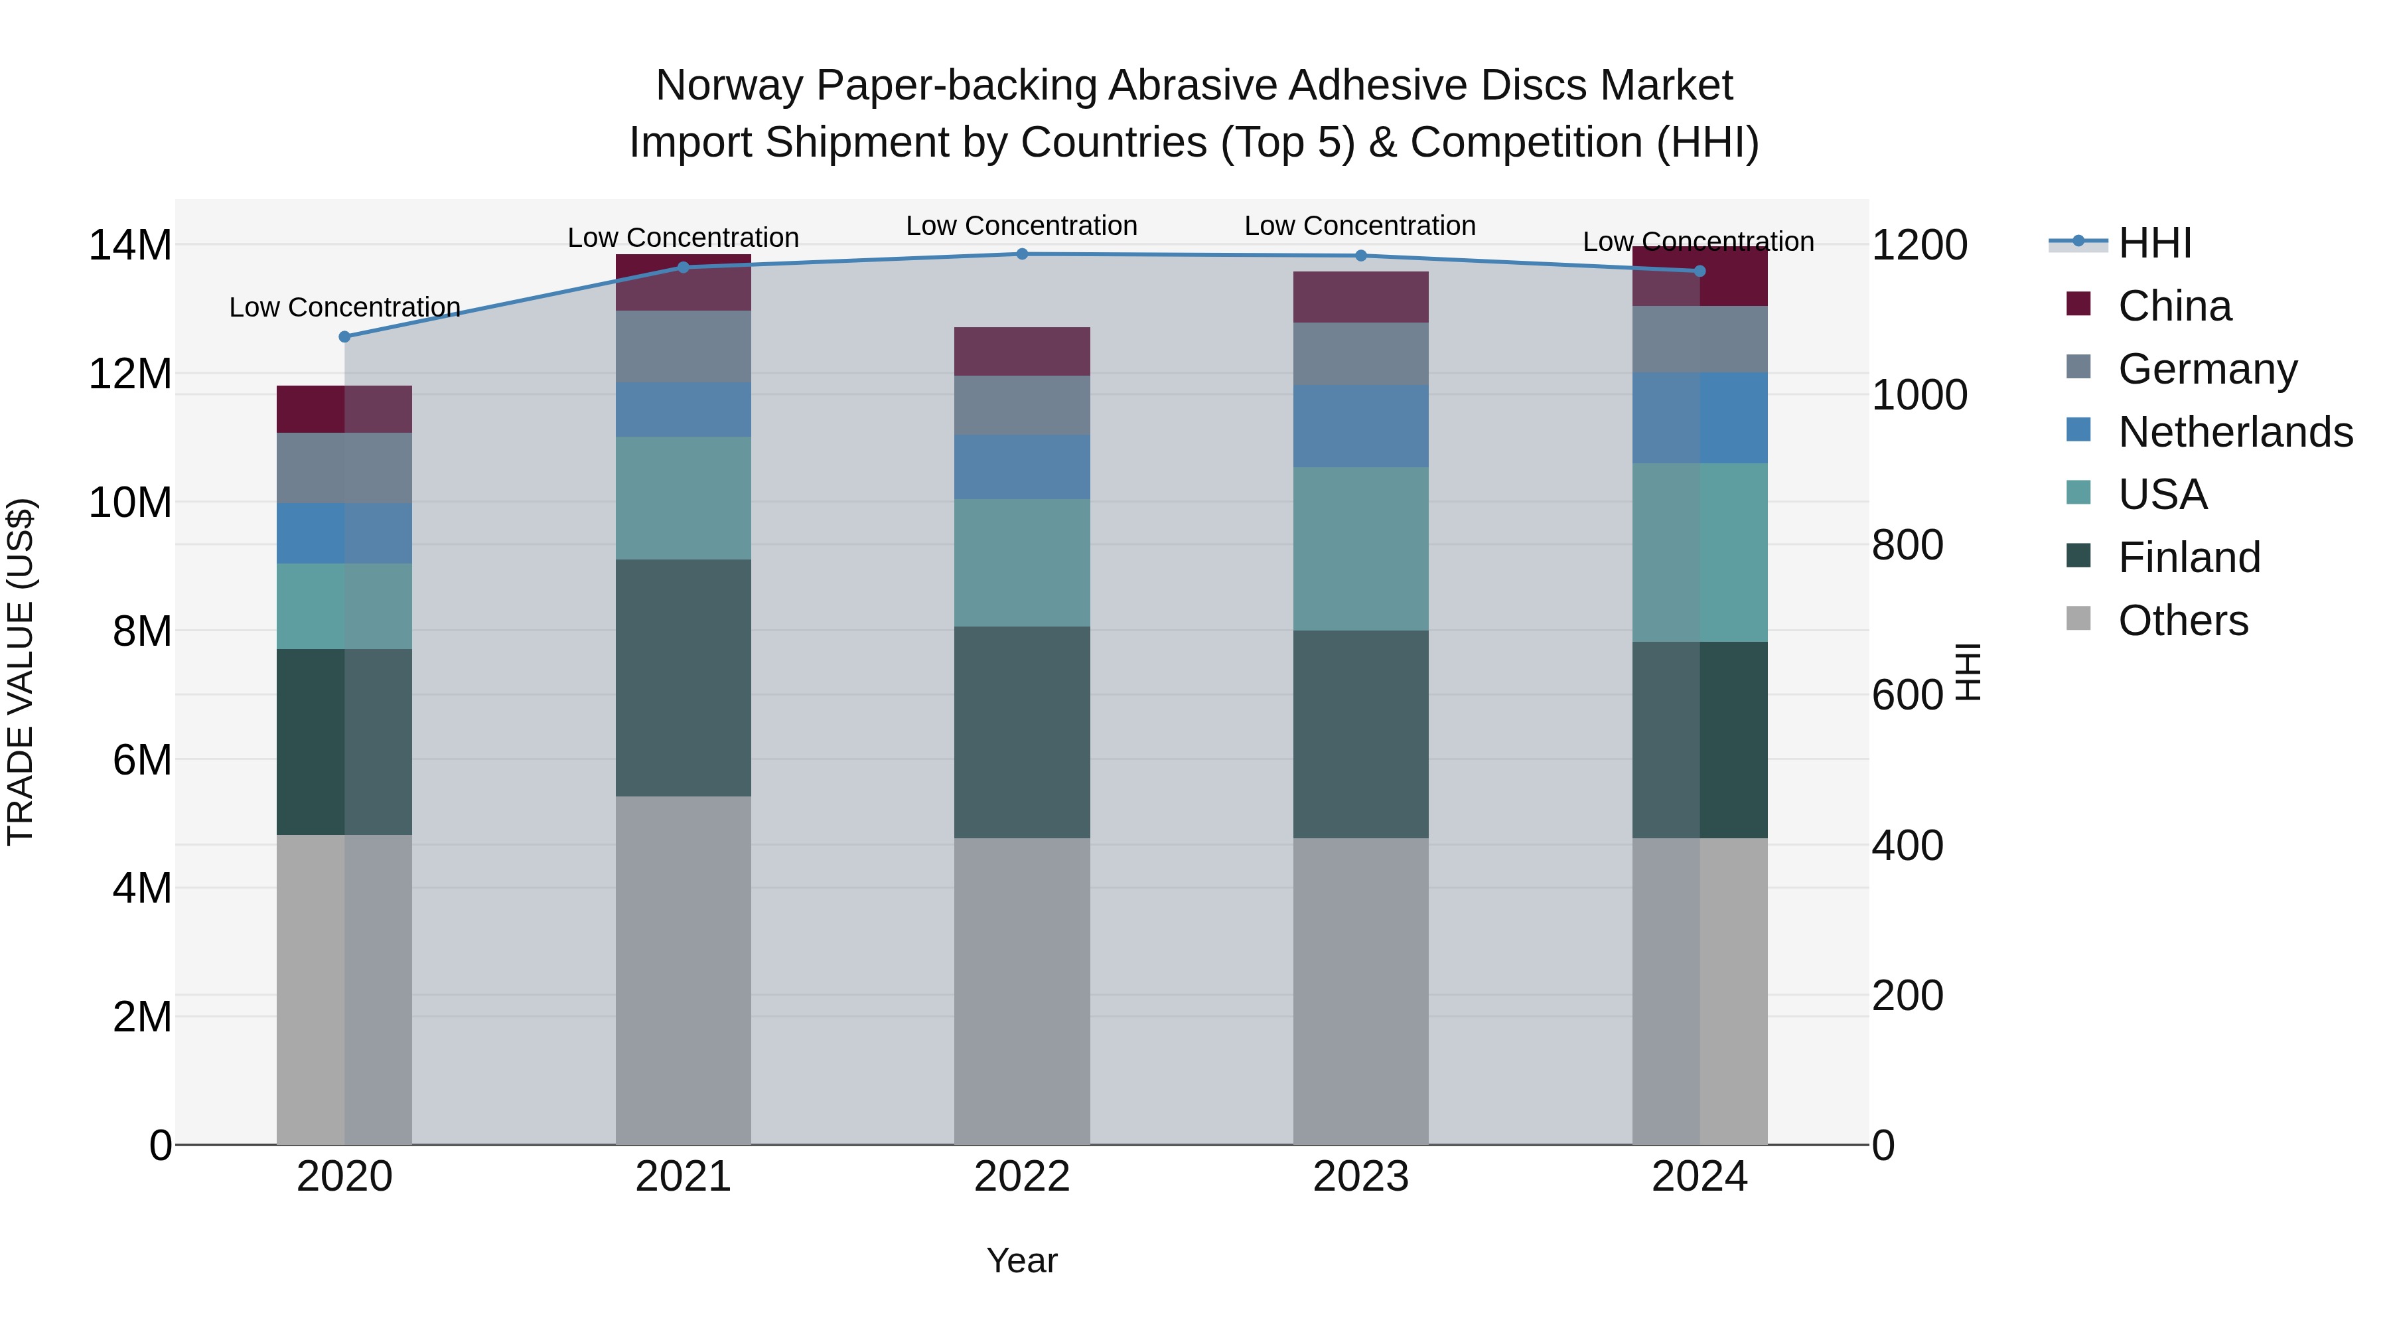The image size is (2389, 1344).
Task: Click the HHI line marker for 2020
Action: click(345, 336)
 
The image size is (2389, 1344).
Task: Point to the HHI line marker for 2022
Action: click(1022, 254)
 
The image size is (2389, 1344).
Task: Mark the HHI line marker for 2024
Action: click(1700, 271)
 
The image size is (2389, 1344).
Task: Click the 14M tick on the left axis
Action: click(130, 246)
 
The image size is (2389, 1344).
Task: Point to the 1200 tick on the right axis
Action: click(1918, 246)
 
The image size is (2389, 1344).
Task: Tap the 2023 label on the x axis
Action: click(1360, 1177)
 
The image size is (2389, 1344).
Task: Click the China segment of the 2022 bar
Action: click(1022, 352)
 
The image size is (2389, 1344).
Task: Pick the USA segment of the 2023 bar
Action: click(1360, 548)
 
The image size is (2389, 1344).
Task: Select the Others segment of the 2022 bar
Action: click(1022, 991)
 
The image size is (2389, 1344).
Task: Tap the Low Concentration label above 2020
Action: click(345, 307)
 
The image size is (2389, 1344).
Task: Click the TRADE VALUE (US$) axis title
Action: click(21, 672)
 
